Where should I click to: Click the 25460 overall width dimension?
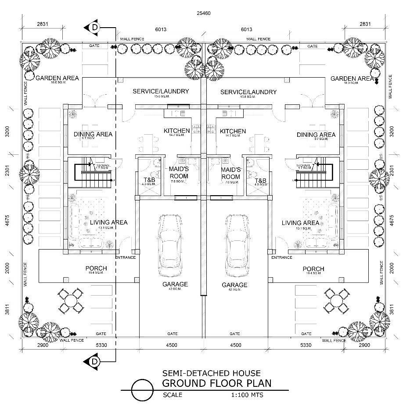click(204, 13)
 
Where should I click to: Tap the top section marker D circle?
click(95, 28)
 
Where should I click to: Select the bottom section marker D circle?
click(95, 361)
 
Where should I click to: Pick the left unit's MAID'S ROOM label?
click(179, 173)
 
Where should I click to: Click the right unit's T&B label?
click(261, 181)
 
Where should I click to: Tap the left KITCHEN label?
click(176, 131)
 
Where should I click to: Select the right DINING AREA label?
click(316, 135)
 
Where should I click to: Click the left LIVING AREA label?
click(108, 222)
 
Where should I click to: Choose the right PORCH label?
click(313, 269)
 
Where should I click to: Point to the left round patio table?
click(70, 300)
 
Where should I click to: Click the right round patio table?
click(337, 300)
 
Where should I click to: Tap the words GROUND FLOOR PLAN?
click(216, 383)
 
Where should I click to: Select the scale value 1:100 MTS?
click(247, 395)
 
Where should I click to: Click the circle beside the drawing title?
click(142, 389)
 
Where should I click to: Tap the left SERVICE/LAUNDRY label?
click(161, 92)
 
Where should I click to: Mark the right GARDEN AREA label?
click(352, 79)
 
